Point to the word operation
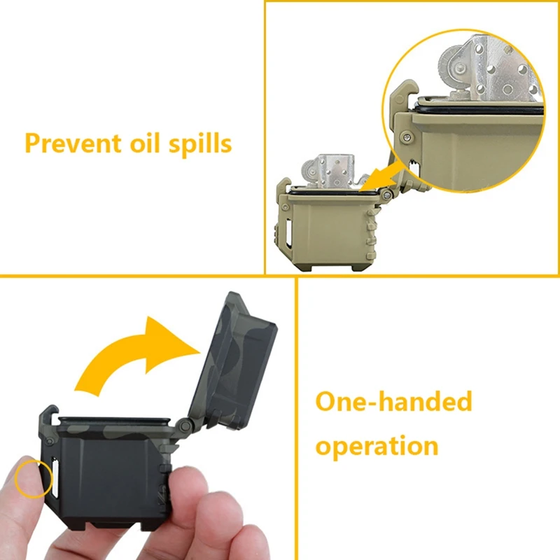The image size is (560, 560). pos(377,444)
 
